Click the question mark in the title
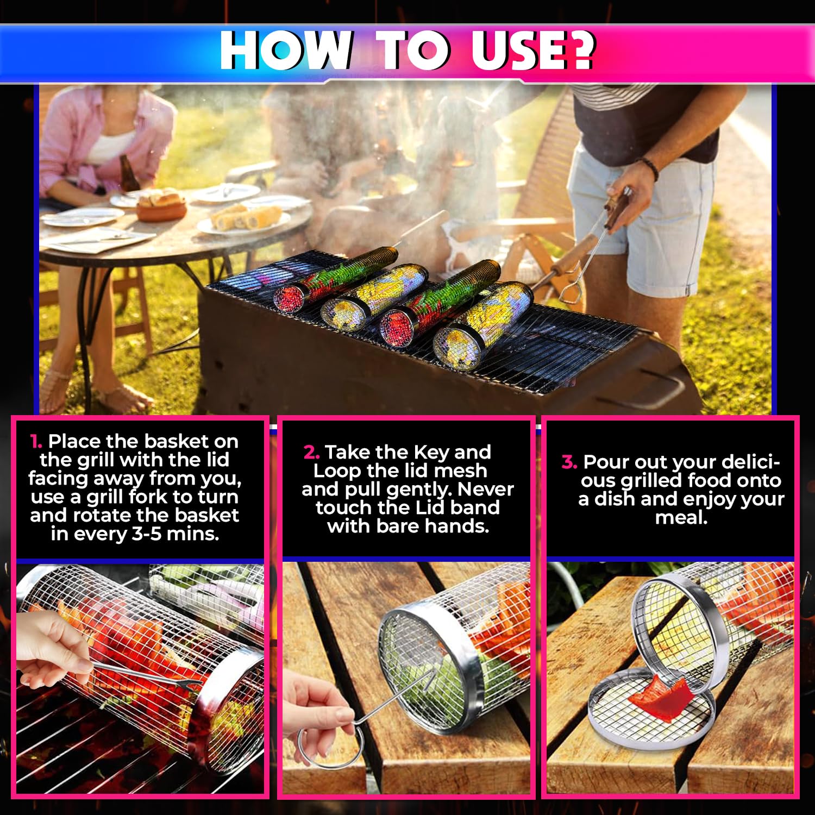[577, 50]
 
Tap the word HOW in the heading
[286, 50]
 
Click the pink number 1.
[36, 441]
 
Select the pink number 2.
[311, 452]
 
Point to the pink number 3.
[569, 462]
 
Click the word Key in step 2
[431, 453]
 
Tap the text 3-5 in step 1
[147, 534]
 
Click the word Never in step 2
[485, 490]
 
